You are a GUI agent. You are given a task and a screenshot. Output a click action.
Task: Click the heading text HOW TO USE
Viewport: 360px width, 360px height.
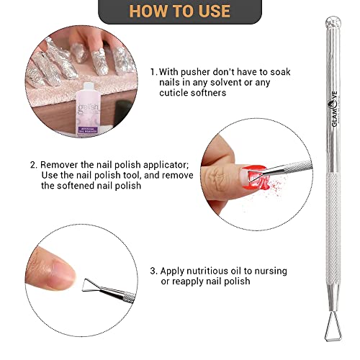pos(179,12)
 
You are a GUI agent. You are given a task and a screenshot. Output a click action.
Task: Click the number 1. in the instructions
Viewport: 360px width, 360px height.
pos(153,72)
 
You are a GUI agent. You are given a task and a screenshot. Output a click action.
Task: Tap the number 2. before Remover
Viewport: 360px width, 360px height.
pos(33,164)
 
